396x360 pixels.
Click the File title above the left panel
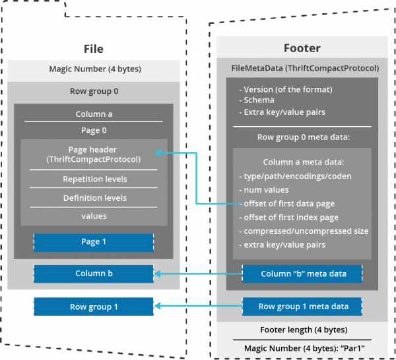pyautogui.click(x=94, y=49)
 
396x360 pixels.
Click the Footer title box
pyautogui.click(x=302, y=48)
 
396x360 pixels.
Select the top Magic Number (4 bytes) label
pyautogui.click(x=94, y=69)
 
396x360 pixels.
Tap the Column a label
pyautogui.click(x=94, y=114)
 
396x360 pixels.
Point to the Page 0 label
pyautogui.click(x=94, y=130)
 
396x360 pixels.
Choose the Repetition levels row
pyautogui.click(x=94, y=179)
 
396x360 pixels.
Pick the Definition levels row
pyautogui.click(x=94, y=198)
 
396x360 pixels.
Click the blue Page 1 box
pyautogui.click(x=94, y=242)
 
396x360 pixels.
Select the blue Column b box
pyautogui.click(x=94, y=273)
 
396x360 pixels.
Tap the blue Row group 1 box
pyautogui.click(x=94, y=306)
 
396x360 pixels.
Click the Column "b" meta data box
pyautogui.click(x=304, y=273)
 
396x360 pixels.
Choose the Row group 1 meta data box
pyautogui.click(x=304, y=306)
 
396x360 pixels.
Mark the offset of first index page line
pyautogui.click(x=291, y=217)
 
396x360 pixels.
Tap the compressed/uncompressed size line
pyautogui.click(x=306, y=231)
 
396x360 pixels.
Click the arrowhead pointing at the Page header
pyautogui.click(x=158, y=153)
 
